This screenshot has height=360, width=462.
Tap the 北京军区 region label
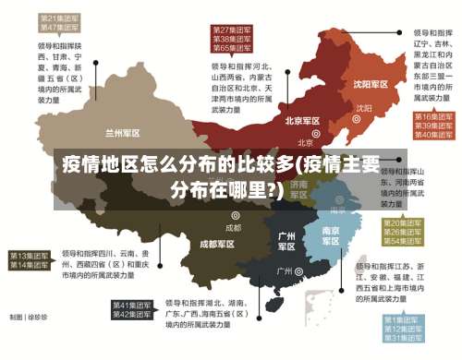pos(302,121)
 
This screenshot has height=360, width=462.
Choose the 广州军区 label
pos(287,241)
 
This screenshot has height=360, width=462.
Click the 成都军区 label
pos(217,245)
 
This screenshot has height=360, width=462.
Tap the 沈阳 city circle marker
pos(359,108)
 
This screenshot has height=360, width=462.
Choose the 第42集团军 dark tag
pos(132,315)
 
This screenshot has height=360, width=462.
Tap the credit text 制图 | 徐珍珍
pos(30,317)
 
